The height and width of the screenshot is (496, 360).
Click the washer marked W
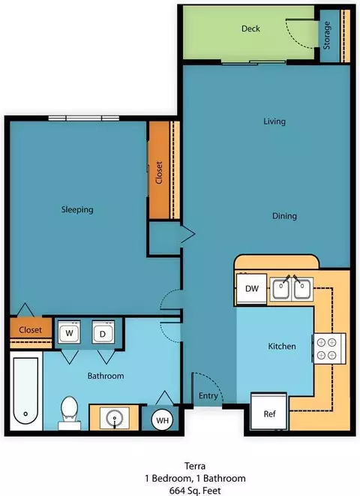point(69,332)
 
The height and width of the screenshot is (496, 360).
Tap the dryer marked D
point(103,332)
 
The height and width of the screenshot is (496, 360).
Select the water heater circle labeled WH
point(162,420)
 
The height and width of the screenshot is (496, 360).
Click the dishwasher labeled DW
point(251,288)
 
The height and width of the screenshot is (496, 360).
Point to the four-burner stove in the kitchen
point(329,349)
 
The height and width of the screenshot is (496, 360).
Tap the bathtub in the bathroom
point(26,391)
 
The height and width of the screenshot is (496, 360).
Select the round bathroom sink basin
point(115,418)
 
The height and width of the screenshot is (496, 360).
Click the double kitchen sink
point(291,289)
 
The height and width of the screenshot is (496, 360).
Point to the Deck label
point(250,29)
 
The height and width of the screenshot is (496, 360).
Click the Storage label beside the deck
point(326,35)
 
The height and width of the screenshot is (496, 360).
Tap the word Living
point(274,122)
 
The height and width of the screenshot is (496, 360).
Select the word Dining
point(284,216)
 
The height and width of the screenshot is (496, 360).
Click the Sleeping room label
point(77,209)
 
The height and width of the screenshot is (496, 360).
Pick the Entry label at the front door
point(208,395)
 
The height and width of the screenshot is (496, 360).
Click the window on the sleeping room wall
point(84,119)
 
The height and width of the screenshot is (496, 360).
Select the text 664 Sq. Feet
point(195,491)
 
